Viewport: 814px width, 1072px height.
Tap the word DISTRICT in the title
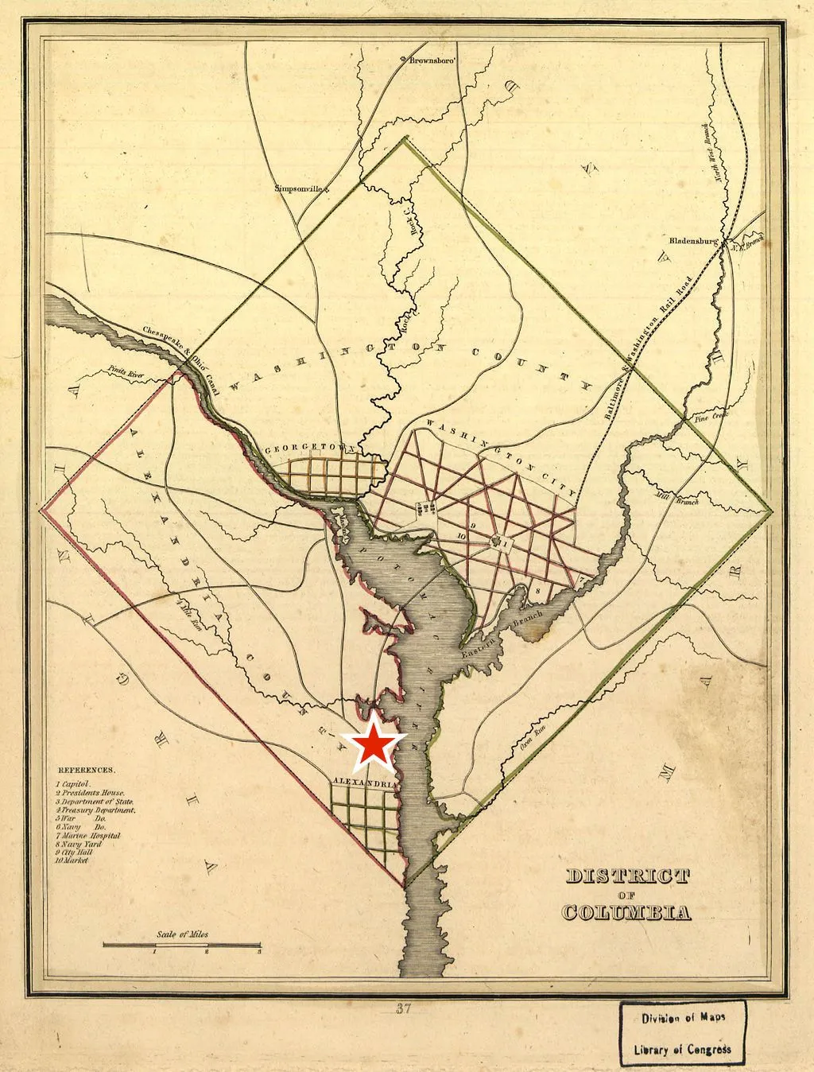626,877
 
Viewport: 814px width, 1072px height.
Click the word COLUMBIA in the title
626,912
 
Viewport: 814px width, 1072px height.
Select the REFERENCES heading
87,771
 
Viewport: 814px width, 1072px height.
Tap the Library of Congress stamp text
682,1050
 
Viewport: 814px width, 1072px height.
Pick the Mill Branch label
685,500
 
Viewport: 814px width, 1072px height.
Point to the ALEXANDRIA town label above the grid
363,783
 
